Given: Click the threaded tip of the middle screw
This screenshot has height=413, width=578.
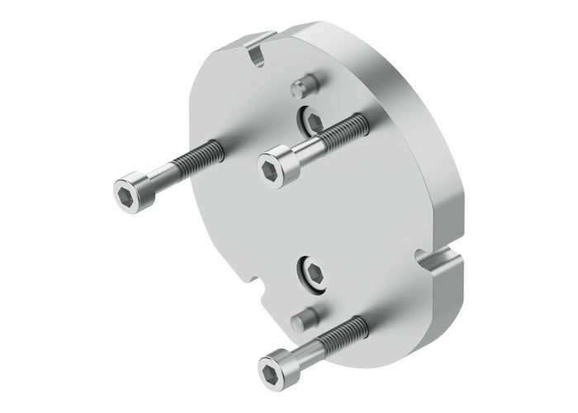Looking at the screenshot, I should [347, 128].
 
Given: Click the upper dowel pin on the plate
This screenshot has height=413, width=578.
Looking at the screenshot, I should [303, 85].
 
